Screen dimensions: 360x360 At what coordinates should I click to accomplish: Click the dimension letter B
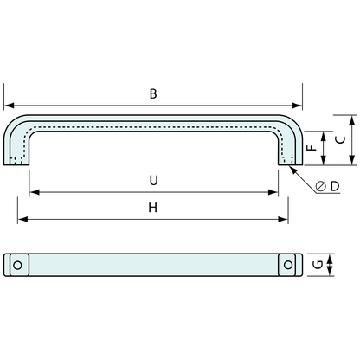[x=153, y=94]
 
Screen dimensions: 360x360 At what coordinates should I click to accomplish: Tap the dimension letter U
[x=154, y=180]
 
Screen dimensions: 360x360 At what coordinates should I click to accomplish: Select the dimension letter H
[x=153, y=208]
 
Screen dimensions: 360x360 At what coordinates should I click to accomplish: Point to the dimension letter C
[x=341, y=140]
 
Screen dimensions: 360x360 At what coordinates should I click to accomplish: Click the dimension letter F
[x=312, y=147]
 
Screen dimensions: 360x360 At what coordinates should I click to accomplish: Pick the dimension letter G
[x=318, y=265]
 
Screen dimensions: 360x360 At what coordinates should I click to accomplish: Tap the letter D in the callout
[x=335, y=186]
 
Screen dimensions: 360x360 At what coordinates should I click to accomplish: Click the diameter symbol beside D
[x=321, y=187]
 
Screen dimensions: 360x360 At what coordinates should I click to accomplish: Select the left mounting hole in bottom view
[x=17, y=265]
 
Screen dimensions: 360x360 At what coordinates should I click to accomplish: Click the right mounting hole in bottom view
[x=288, y=265]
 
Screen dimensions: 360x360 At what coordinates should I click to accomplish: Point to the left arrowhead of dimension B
[x=9, y=106]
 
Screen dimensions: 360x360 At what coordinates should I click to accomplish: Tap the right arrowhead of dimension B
[x=297, y=106]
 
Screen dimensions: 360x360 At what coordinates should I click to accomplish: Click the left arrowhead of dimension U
[x=35, y=192]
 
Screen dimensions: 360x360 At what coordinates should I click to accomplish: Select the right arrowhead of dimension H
[x=283, y=220]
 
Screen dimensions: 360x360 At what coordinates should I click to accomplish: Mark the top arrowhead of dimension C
[x=351, y=120]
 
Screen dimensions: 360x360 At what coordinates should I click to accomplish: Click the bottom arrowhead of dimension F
[x=324, y=160]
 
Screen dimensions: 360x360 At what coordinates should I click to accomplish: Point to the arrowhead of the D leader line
[x=293, y=170]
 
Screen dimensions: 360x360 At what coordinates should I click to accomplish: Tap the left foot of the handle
[x=16, y=161]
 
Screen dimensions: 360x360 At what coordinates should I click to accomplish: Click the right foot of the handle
[x=290, y=161]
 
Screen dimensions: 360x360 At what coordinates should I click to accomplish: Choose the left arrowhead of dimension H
[x=22, y=220]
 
